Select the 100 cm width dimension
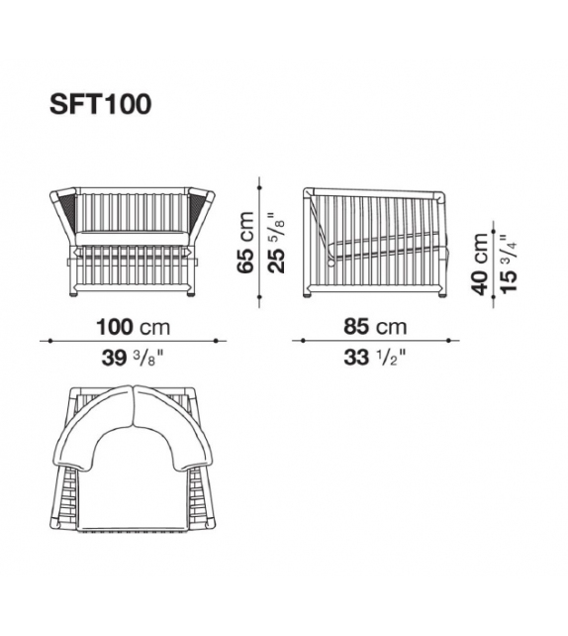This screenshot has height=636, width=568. (132, 327)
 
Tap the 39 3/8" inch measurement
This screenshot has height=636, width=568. (132, 358)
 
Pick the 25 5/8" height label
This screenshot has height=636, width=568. (277, 243)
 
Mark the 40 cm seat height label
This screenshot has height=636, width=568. (480, 265)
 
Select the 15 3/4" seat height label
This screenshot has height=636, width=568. (506, 265)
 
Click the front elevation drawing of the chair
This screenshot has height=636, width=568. (132, 241)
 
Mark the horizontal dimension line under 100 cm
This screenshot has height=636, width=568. (132, 342)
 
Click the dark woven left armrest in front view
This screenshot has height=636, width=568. (68, 210)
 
